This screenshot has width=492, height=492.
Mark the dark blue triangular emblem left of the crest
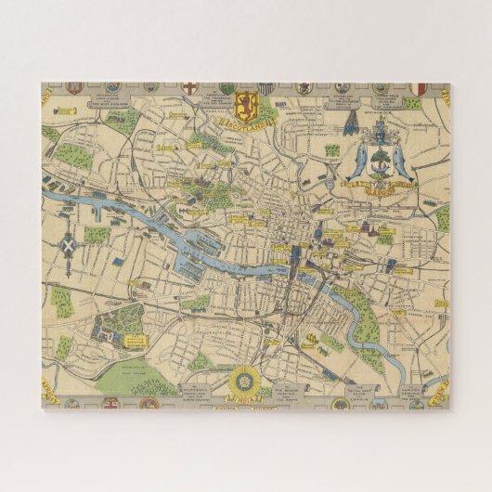(x=350, y=123)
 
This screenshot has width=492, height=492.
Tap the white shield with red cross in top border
(x=189, y=87)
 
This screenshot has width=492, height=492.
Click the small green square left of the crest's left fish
(x=331, y=149)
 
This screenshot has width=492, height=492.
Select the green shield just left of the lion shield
(x=227, y=89)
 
